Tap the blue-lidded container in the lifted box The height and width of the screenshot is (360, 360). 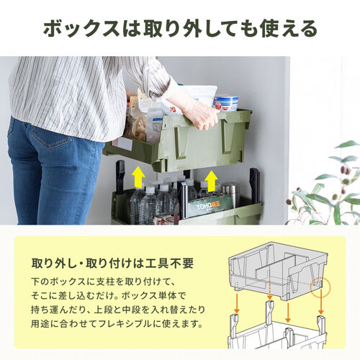(227, 102)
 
